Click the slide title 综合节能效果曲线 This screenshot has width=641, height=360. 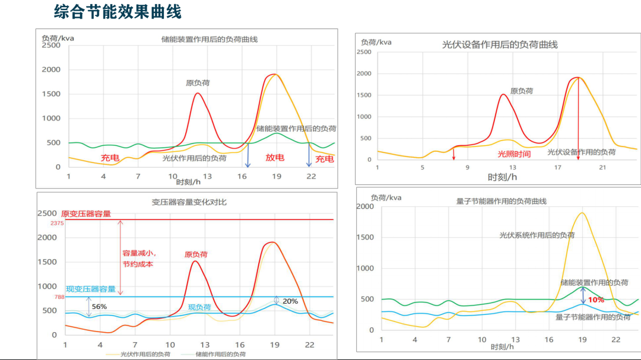click(117, 12)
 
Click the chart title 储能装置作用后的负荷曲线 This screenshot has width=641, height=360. click(210, 40)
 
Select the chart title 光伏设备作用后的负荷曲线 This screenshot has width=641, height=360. click(500, 44)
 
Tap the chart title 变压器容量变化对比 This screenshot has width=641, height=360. click(189, 202)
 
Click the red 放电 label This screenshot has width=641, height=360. click(275, 158)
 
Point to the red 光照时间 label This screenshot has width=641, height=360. click(514, 154)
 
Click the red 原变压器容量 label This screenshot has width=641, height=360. click(86, 214)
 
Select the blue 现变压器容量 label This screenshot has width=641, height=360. click(91, 289)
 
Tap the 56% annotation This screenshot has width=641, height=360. click(99, 307)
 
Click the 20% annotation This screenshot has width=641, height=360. click(290, 301)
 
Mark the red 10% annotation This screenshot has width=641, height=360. click(596, 300)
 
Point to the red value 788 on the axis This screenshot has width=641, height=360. click(59, 297)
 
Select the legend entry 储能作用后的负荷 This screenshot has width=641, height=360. click(220, 354)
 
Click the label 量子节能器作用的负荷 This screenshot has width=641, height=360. click(593, 317)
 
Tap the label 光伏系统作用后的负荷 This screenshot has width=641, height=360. click(537, 235)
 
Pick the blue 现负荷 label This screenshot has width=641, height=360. click(199, 307)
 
